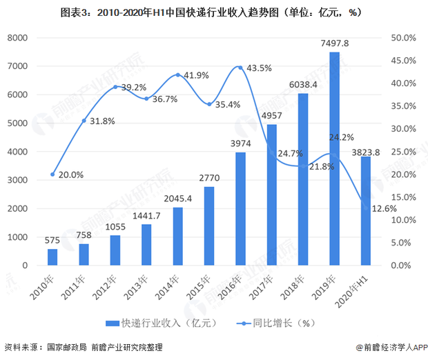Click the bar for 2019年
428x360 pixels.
(x=334, y=159)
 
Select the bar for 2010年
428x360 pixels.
(x=52, y=257)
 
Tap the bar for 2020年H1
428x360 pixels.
(x=366, y=211)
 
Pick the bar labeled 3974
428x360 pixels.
(x=240, y=209)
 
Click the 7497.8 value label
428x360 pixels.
(x=334, y=43)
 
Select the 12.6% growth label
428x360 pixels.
(x=384, y=209)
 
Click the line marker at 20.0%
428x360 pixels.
(x=52, y=174)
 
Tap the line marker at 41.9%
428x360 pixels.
(x=178, y=74)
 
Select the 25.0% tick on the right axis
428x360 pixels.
(x=403, y=152)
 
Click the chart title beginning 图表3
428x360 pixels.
(x=213, y=12)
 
